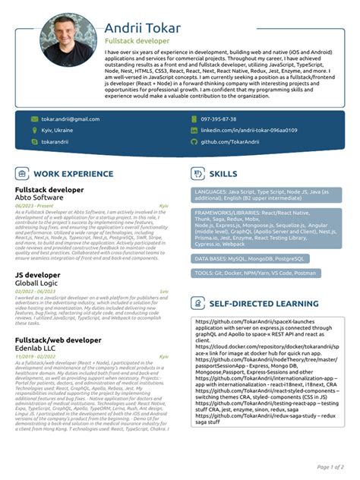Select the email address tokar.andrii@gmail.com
tap(70, 119)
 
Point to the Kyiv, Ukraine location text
tap(57, 131)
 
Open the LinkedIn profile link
tap(248, 131)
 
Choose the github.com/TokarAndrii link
tap(229, 142)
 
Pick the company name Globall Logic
tap(37, 282)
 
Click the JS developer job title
tap(37, 274)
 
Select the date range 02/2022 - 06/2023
tap(35, 291)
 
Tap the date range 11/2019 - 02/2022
tap(35, 356)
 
